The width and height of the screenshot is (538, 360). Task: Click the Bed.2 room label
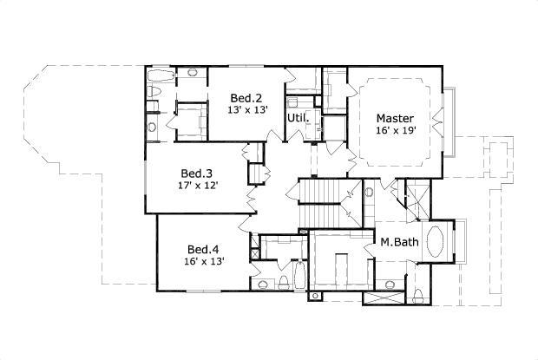(x=247, y=96)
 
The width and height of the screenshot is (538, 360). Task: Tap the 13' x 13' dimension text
(x=247, y=110)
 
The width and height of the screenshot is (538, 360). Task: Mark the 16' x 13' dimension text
(x=203, y=262)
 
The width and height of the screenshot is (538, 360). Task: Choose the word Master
(x=395, y=118)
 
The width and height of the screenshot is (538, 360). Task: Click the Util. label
(x=299, y=116)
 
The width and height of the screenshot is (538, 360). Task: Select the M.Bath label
(x=399, y=242)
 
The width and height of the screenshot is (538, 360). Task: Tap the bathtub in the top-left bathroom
(x=157, y=88)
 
